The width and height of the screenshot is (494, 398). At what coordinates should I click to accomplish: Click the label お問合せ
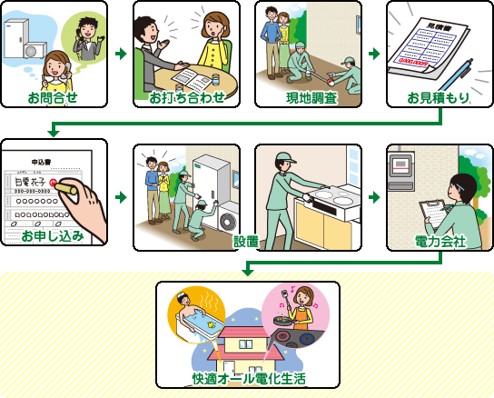click(53, 96)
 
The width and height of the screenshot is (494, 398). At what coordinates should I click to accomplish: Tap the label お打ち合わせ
click(185, 96)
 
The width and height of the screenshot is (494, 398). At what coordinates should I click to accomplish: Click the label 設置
click(245, 241)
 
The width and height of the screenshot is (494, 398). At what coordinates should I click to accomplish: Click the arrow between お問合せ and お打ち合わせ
click(120, 55)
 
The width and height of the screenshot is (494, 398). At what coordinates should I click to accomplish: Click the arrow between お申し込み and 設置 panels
click(120, 195)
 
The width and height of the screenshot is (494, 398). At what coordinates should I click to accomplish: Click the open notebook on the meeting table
click(187, 76)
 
